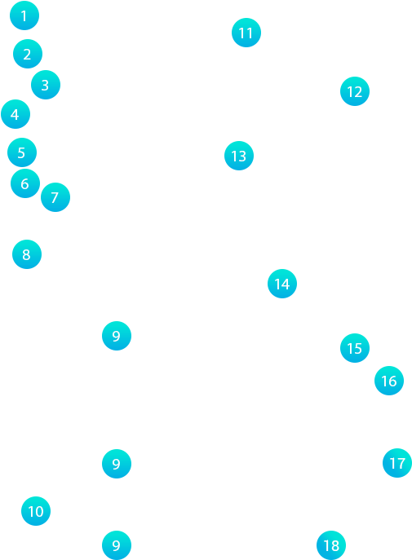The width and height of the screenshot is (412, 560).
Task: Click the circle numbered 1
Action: point(24,15)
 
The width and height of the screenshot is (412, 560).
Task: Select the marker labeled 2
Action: point(28,54)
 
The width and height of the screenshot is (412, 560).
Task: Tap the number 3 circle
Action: point(46,85)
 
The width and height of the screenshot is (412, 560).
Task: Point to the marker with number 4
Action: point(16,114)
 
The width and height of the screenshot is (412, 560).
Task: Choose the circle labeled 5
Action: point(22,152)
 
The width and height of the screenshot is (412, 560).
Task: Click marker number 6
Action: point(25,183)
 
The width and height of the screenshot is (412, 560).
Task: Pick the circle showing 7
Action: point(55,197)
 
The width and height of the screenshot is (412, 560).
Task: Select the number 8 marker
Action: point(27,254)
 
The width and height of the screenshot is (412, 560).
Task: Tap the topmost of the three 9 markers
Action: point(117,336)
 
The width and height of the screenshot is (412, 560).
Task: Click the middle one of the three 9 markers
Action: point(117,464)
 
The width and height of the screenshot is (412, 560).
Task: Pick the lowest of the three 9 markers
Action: point(117,545)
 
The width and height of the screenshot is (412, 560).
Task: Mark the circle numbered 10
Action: point(36,511)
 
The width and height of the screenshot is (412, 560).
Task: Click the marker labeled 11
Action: point(246,33)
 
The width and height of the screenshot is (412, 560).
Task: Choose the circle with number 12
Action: point(354,91)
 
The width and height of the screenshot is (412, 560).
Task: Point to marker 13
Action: point(239,156)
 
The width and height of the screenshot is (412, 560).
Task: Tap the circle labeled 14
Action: point(282,284)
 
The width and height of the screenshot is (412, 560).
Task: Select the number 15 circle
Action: point(354,348)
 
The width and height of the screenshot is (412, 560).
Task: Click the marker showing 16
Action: point(389,381)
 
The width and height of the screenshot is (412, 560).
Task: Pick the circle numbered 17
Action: point(397,463)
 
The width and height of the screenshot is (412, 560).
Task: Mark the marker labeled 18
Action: point(331,545)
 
